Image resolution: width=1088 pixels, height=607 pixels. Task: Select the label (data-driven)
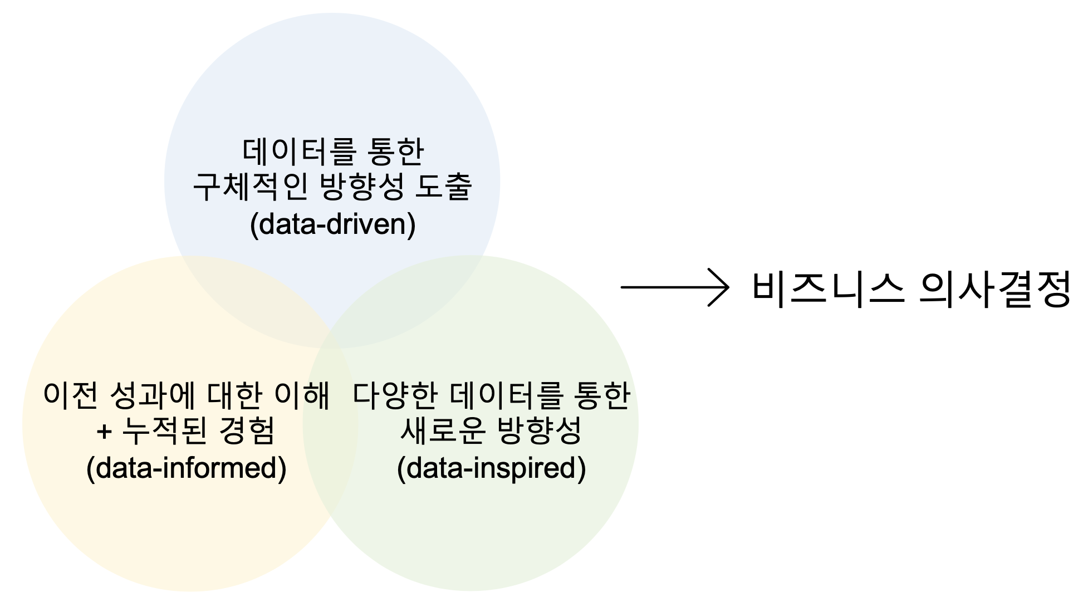[x=332, y=224]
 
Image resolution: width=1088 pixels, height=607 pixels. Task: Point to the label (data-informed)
[x=187, y=468]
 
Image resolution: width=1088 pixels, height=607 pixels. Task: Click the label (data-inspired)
[x=491, y=468]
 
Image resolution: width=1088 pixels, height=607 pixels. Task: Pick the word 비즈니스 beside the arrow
[x=827, y=288]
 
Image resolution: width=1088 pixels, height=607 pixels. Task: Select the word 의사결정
[x=994, y=288]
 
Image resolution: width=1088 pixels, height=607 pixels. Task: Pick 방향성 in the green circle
[x=539, y=431]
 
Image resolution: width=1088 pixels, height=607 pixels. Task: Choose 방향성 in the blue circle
[x=362, y=187]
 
